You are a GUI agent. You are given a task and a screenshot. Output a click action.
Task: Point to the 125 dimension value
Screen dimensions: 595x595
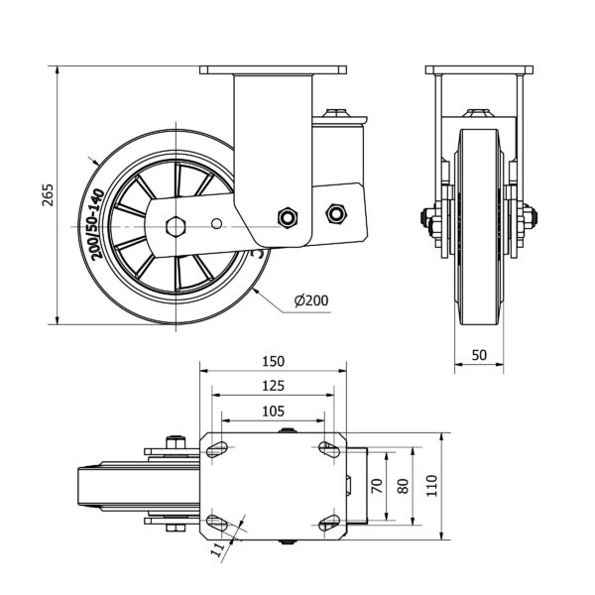pos(274,386)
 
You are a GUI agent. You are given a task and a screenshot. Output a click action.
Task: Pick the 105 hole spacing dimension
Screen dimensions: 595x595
pos(274,411)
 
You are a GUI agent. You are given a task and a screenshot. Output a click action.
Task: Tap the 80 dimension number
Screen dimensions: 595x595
pos(402,485)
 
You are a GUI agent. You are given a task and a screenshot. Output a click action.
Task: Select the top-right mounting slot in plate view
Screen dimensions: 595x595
pos(326,450)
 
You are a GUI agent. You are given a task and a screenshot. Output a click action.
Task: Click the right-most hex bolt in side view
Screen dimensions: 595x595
pos(335,210)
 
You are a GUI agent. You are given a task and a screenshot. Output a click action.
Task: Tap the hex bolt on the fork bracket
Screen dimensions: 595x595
pos(289,216)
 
